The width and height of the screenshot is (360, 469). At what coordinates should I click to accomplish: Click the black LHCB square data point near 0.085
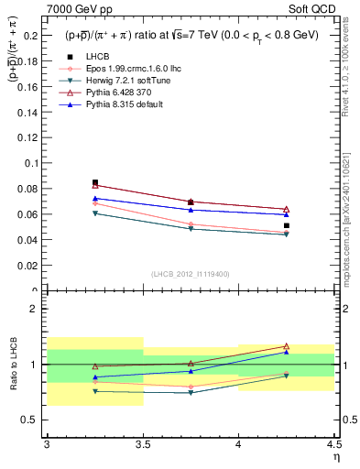(x=95, y=182)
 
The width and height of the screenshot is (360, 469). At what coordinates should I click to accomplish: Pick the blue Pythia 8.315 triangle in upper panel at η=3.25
(x=95, y=198)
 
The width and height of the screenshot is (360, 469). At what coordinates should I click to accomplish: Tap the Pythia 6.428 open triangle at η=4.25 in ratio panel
(x=286, y=346)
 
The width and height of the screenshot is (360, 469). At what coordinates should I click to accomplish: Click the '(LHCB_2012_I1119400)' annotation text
(x=191, y=275)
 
